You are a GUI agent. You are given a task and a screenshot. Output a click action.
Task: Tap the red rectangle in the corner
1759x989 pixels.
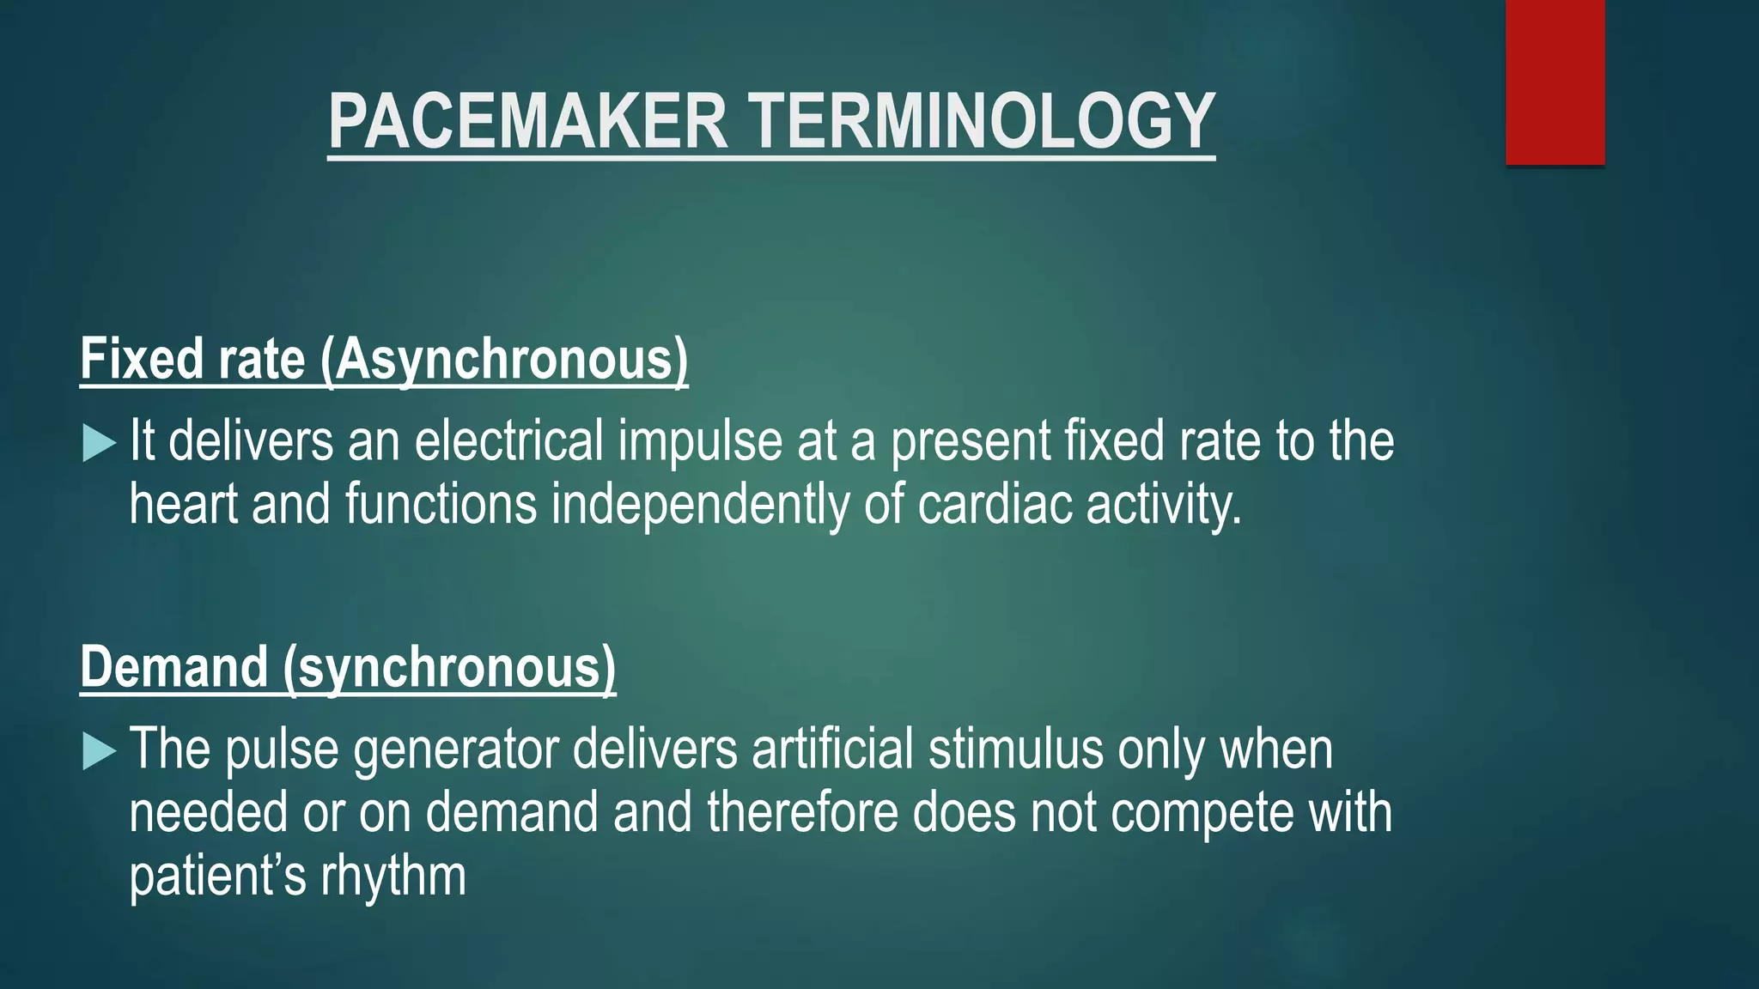(x=1555, y=82)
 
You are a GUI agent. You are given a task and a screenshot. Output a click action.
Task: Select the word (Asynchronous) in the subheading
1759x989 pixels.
(x=504, y=359)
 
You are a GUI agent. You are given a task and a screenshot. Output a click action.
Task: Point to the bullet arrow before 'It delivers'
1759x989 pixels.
(x=99, y=444)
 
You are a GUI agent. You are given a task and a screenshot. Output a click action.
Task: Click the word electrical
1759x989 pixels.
(x=509, y=440)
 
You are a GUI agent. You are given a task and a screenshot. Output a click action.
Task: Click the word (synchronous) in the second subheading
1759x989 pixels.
(x=449, y=669)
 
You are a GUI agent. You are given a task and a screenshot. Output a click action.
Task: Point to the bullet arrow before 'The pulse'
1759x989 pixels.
(x=99, y=752)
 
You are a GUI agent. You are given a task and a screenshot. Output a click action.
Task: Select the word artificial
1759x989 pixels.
(x=832, y=749)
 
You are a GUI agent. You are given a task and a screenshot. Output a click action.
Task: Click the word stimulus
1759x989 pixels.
(x=1016, y=749)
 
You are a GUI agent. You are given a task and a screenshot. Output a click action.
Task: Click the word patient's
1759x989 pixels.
(x=217, y=877)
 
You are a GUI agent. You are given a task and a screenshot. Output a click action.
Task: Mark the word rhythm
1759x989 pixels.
(x=393, y=877)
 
